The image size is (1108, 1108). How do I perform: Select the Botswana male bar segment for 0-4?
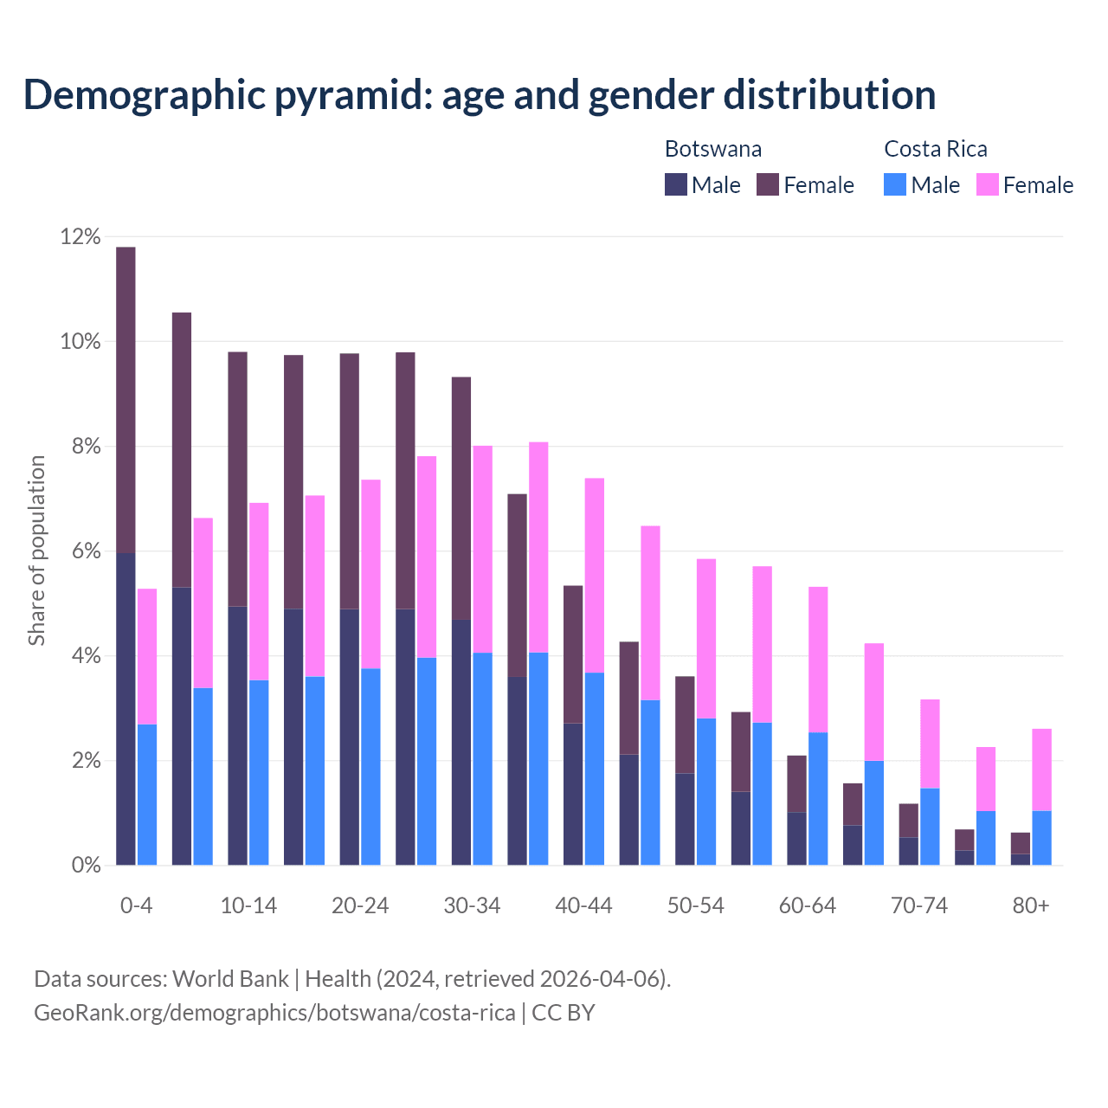[126, 709]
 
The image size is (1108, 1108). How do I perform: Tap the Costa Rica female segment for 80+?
[1041, 770]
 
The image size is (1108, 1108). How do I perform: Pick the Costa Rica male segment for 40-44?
[595, 769]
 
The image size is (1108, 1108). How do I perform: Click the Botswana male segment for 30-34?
[461, 742]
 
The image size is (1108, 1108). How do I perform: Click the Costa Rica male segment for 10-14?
[259, 772]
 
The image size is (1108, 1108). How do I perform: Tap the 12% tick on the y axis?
[81, 236]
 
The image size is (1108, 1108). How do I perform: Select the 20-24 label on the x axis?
[360, 905]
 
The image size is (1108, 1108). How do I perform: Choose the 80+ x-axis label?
[1031, 905]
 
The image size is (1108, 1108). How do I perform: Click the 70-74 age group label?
[919, 905]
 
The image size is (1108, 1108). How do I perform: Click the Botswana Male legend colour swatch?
[676, 184]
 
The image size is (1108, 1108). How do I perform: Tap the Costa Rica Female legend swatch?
[988, 184]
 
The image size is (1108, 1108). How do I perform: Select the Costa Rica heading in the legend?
[936, 149]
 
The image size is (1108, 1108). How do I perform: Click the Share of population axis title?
[36, 551]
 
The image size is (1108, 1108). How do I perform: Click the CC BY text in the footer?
[563, 1012]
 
